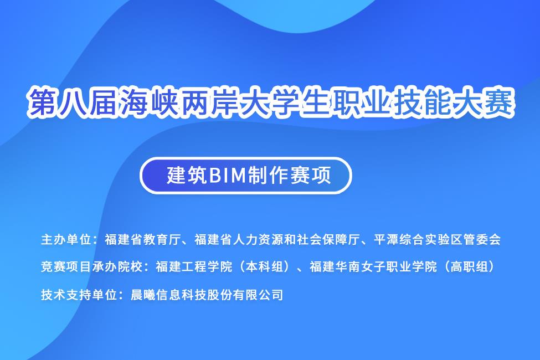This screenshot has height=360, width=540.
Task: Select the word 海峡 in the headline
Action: [149, 102]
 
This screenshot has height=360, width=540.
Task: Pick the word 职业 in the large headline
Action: [363, 102]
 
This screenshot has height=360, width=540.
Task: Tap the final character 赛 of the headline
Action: [500, 102]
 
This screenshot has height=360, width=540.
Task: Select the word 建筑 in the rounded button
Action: [187, 176]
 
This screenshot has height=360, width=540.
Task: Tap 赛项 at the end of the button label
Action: [311, 176]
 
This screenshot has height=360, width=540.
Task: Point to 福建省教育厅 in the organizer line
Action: [143, 239]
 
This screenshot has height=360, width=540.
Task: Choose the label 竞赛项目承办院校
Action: [91, 266]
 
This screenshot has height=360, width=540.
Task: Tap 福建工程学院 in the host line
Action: [194, 266]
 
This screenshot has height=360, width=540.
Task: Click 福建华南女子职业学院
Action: [373, 266]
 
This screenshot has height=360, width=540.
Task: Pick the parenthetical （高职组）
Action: [469, 266]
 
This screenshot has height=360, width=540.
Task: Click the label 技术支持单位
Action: [79, 295]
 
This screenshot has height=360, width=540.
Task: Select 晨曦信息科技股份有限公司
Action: [207, 295]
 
